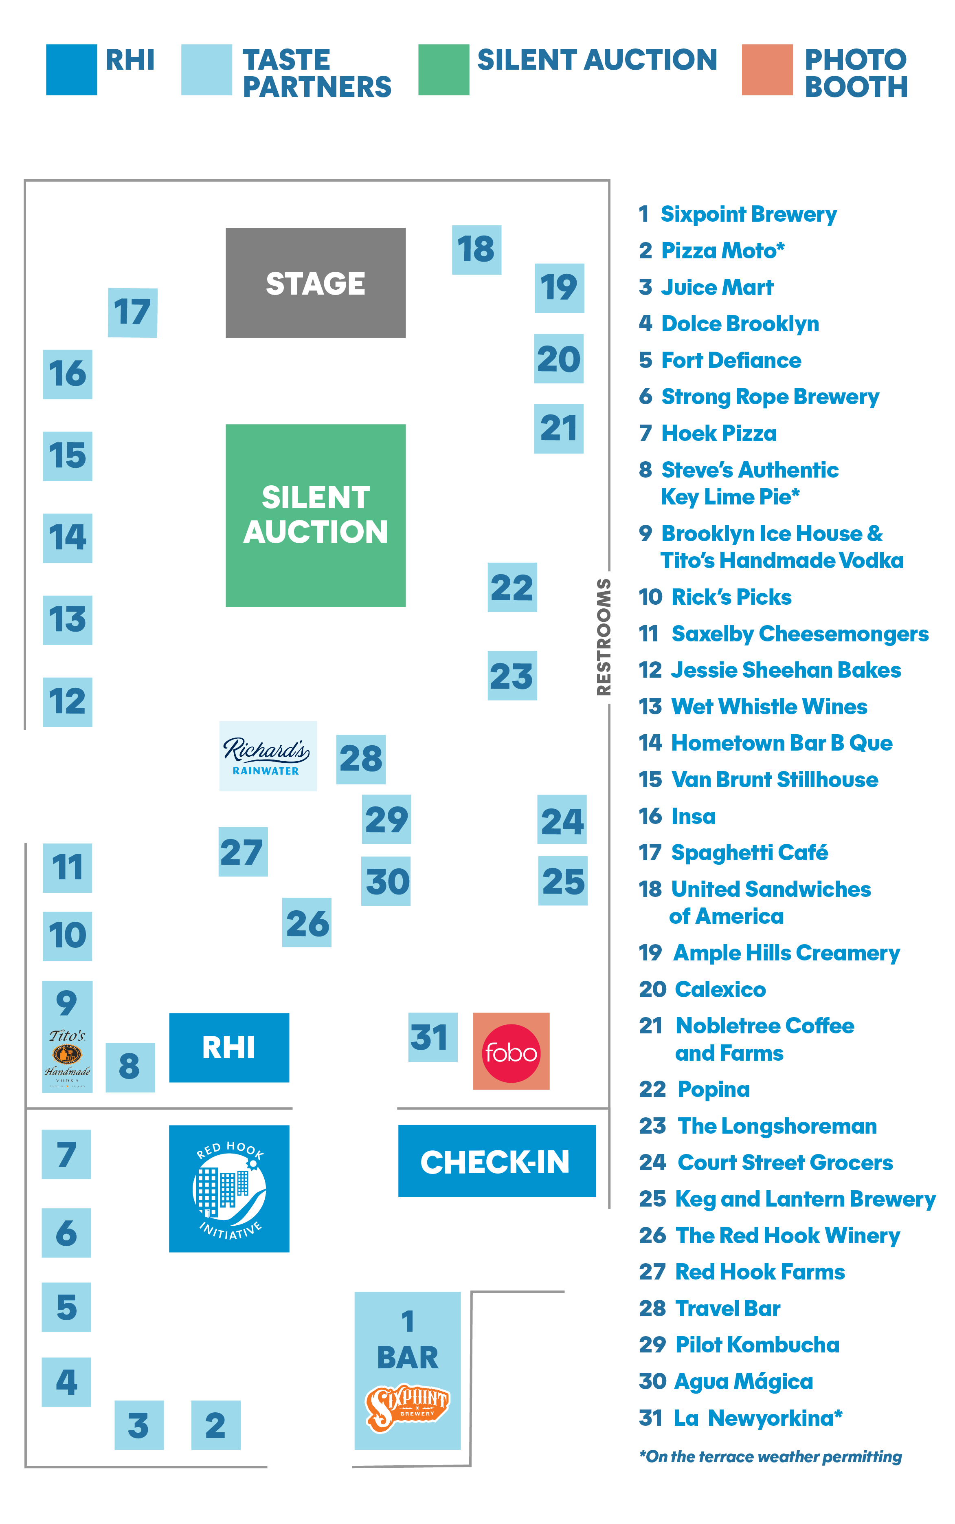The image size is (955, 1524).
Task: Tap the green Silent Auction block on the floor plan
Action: click(315, 515)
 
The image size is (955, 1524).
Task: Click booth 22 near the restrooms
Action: click(512, 587)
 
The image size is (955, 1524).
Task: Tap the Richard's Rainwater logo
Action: click(267, 755)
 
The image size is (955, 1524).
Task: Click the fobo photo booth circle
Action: click(511, 1053)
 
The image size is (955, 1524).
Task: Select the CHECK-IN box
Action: click(496, 1161)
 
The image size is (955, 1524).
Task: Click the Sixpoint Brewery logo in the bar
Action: click(407, 1408)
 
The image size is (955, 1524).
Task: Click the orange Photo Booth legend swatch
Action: click(767, 70)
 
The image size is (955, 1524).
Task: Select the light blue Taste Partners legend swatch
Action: click(206, 70)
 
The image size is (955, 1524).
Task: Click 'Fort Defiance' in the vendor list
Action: click(731, 360)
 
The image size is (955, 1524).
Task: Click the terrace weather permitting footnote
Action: click(770, 1456)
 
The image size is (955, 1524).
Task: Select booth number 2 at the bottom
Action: click(216, 1425)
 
